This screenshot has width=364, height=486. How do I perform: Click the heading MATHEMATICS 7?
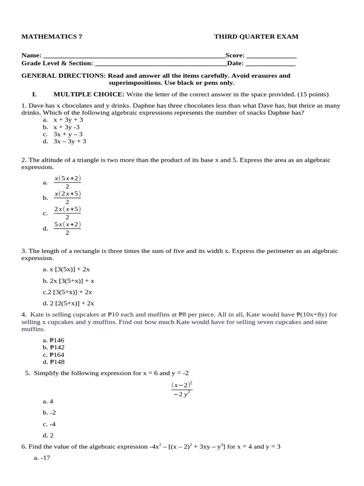click(x=52, y=37)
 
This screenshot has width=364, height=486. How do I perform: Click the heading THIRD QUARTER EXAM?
click(x=256, y=37)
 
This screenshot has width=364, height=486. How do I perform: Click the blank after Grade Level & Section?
click(x=161, y=63)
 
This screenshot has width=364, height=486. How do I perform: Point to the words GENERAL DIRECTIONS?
click(x=64, y=75)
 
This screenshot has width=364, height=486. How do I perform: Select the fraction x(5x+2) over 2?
click(x=67, y=182)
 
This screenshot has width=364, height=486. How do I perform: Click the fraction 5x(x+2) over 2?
click(x=67, y=228)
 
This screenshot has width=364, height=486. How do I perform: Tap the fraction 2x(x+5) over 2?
click(x=67, y=213)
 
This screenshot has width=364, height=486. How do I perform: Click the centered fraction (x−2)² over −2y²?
click(x=182, y=389)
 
